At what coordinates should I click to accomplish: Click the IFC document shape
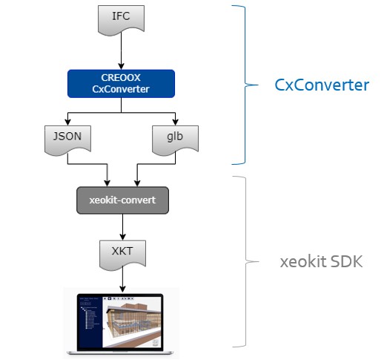pyautogui.click(x=121, y=20)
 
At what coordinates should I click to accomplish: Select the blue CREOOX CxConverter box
pyautogui.click(x=121, y=84)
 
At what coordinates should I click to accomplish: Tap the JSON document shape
pyautogui.click(x=67, y=140)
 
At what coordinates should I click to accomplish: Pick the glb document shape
pyautogui.click(x=175, y=140)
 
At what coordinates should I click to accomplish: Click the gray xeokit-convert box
pyautogui.click(x=122, y=200)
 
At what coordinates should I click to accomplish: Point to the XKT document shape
pyautogui.click(x=122, y=255)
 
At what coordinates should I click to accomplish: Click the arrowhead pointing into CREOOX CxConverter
pyautogui.click(x=121, y=66)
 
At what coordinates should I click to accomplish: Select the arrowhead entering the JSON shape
pyautogui.click(x=67, y=122)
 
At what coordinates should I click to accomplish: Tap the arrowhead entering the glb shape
pyautogui.click(x=175, y=122)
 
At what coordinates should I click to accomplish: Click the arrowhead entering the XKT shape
pyautogui.click(x=122, y=237)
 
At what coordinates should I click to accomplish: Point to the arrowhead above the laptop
pyautogui.click(x=122, y=289)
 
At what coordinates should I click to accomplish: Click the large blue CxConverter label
pyautogui.click(x=322, y=85)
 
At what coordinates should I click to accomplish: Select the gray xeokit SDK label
pyautogui.click(x=321, y=261)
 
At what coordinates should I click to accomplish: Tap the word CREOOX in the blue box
pyautogui.click(x=121, y=78)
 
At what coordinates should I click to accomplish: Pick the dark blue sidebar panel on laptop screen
pyautogui.click(x=90, y=322)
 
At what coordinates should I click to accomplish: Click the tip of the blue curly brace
pyautogui.click(x=258, y=85)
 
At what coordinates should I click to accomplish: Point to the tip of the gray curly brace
pyautogui.click(x=259, y=261)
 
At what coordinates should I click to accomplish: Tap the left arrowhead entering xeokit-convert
pyautogui.click(x=107, y=183)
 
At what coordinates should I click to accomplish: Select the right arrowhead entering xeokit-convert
pyautogui.click(x=137, y=183)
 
